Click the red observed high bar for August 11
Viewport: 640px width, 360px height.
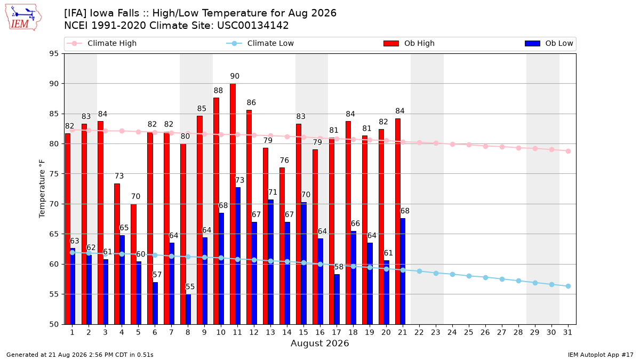point(233,204)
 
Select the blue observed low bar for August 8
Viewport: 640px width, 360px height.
point(188,309)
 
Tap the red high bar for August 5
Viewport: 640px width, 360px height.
point(134,265)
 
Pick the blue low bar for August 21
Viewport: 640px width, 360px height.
point(403,271)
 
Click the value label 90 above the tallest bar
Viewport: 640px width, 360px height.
point(235,76)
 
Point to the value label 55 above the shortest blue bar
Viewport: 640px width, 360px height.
point(190,286)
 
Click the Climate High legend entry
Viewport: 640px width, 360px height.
point(102,43)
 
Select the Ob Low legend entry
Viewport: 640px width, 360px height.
point(549,43)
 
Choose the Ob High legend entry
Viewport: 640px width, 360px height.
point(409,43)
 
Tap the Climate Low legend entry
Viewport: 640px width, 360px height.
point(260,43)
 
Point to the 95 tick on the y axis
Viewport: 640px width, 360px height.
point(54,54)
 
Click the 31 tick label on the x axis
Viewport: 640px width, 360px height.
point(567,332)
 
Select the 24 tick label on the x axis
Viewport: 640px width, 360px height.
point(452,332)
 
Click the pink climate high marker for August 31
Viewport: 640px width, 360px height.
point(569,151)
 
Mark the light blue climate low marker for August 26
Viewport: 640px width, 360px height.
point(485,277)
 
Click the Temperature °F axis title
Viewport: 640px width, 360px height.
point(42,189)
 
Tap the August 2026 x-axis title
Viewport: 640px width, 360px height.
point(319,343)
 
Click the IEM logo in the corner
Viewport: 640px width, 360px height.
point(23,18)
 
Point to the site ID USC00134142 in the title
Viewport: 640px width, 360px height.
point(253,26)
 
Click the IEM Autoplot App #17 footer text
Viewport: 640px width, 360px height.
point(601,355)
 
